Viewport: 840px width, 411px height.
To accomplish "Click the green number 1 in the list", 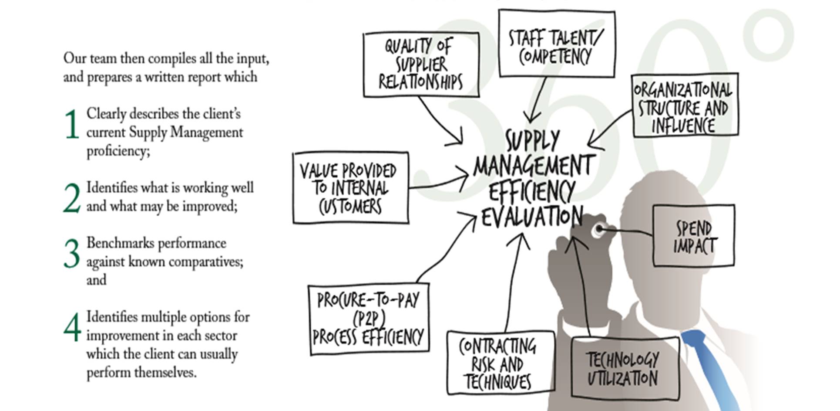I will pyautogui.click(x=72, y=125).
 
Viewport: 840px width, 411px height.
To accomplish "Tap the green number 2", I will pyautogui.click(x=72, y=198).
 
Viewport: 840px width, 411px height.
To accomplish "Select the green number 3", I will pyautogui.click(x=72, y=253).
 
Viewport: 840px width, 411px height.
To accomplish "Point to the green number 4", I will pyautogui.click(x=72, y=327).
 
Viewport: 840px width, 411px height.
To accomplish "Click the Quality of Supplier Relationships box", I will pyautogui.click(x=421, y=65).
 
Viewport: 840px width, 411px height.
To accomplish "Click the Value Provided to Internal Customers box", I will pyautogui.click(x=350, y=188).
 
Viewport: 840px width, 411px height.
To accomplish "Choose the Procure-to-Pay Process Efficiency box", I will pyautogui.click(x=368, y=319).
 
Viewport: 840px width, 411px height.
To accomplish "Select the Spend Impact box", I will pyautogui.click(x=693, y=236).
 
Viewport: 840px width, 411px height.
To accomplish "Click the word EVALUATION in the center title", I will pyautogui.click(x=532, y=217).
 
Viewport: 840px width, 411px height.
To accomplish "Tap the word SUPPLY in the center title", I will pyautogui.click(x=532, y=141).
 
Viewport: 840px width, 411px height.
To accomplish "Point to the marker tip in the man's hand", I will pyautogui.click(x=600, y=229).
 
